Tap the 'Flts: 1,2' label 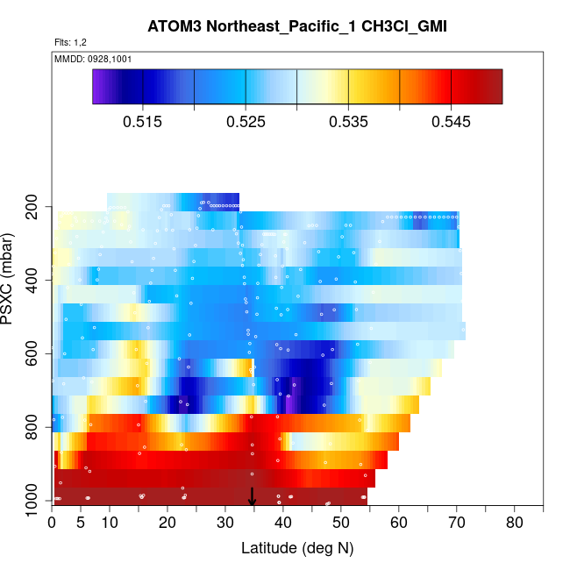[x=70, y=42]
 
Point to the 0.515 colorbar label [x=143, y=121]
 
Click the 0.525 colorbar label [x=246, y=121]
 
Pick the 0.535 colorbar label [x=348, y=121]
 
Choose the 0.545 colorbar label [x=451, y=121]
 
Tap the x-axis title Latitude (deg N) [x=296, y=548]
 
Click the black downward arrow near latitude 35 [x=252, y=497]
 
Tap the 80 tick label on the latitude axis [x=515, y=524]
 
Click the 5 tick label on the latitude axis [x=81, y=524]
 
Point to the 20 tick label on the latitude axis [x=167, y=524]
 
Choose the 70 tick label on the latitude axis [x=457, y=524]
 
